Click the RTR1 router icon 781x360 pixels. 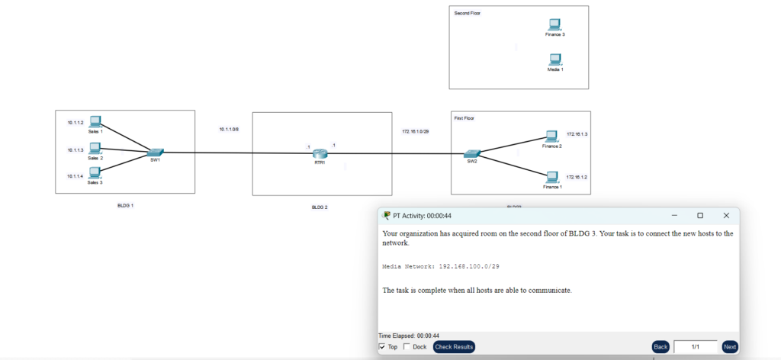click(319, 153)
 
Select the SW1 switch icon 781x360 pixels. click(156, 153)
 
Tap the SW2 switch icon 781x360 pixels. click(472, 153)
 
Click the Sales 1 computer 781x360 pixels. click(95, 122)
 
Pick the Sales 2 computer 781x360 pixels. click(95, 149)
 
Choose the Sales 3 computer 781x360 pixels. click(95, 173)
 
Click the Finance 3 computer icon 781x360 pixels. click(554, 25)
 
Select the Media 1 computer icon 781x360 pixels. click(555, 59)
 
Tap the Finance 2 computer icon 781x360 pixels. click(552, 137)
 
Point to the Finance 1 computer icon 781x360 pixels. click(552, 178)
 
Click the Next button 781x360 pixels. click(730, 347)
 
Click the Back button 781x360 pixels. click(660, 347)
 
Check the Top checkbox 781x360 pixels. click(383, 347)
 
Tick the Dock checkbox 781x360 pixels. click(407, 347)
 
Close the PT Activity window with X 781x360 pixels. click(726, 216)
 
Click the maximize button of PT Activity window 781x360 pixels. click(700, 216)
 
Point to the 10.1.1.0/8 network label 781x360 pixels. click(229, 130)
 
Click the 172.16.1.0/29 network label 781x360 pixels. click(416, 131)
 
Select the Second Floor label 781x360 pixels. click(468, 14)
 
